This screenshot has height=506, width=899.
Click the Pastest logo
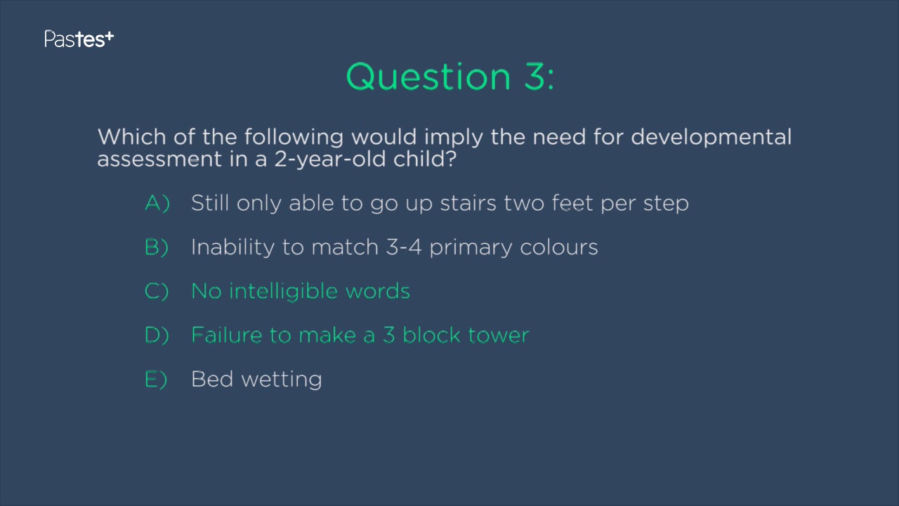[79, 39]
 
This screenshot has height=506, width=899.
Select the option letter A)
[157, 203]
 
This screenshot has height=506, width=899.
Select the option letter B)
[157, 247]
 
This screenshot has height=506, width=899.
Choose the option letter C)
[157, 292]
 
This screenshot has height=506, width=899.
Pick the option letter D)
[157, 335]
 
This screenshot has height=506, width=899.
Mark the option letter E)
[156, 379]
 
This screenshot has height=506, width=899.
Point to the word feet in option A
[572, 203]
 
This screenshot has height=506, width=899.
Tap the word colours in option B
[558, 247]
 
